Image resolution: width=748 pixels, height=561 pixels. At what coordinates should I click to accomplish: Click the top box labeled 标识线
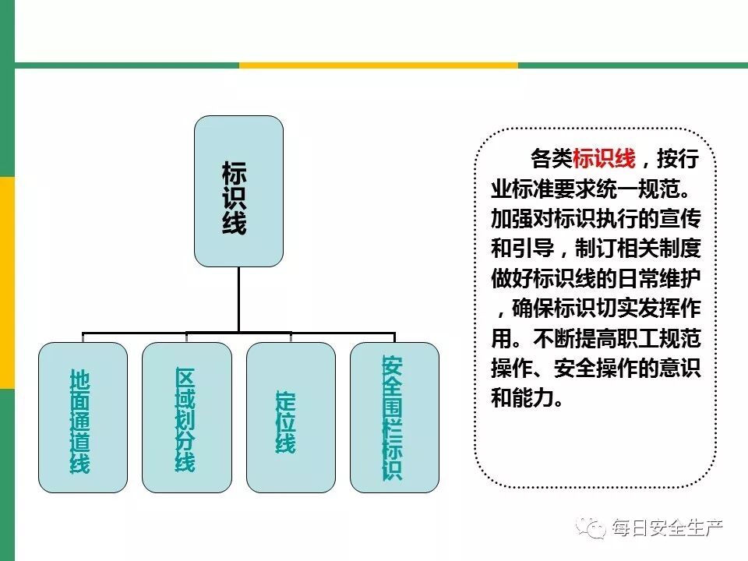(x=238, y=191)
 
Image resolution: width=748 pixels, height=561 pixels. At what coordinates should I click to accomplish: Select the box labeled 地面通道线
(x=83, y=418)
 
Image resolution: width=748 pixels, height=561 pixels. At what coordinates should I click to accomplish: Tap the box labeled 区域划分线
(x=187, y=418)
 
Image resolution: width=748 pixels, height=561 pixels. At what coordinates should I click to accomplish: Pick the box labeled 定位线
(x=291, y=418)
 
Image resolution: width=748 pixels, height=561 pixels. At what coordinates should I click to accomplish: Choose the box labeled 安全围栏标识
(x=394, y=418)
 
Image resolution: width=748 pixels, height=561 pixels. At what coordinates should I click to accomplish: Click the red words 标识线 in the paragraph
(x=604, y=160)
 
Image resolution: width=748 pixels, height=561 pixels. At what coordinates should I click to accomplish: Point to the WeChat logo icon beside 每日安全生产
(x=592, y=529)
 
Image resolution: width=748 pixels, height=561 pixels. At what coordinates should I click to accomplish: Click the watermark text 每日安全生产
(x=668, y=529)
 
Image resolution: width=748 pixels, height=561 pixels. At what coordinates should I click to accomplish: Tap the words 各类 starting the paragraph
(x=551, y=160)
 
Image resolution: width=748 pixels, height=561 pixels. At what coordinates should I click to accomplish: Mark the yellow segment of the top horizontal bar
(x=378, y=65)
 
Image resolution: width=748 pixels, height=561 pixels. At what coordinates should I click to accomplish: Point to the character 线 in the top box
(x=235, y=224)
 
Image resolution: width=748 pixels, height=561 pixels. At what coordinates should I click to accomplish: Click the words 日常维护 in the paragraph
(x=657, y=278)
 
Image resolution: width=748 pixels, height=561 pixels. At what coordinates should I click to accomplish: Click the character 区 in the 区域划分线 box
(x=185, y=379)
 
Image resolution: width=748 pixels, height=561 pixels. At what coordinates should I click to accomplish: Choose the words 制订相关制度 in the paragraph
(x=639, y=249)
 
